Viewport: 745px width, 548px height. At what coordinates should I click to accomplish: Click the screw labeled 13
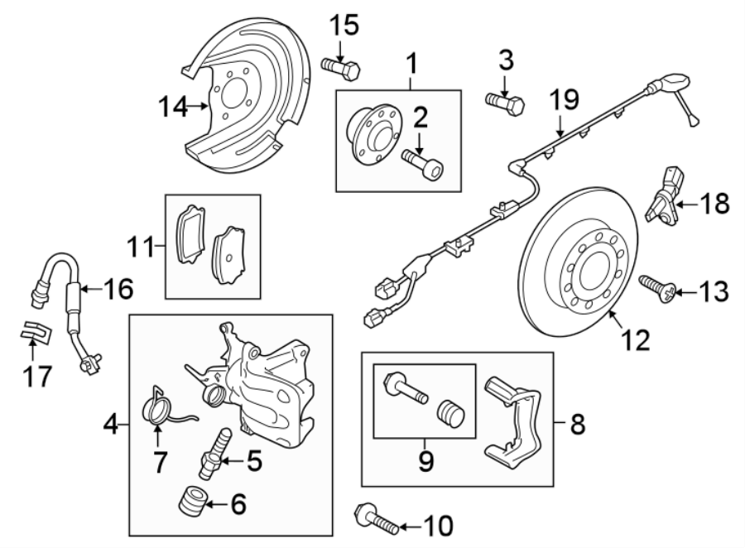point(659,288)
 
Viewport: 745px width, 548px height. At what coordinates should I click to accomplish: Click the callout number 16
point(119,289)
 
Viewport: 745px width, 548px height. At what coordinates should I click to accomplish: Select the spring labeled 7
point(160,408)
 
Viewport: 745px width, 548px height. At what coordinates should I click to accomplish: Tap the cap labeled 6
point(193,502)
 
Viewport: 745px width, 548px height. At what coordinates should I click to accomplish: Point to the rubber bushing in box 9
point(454,412)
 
